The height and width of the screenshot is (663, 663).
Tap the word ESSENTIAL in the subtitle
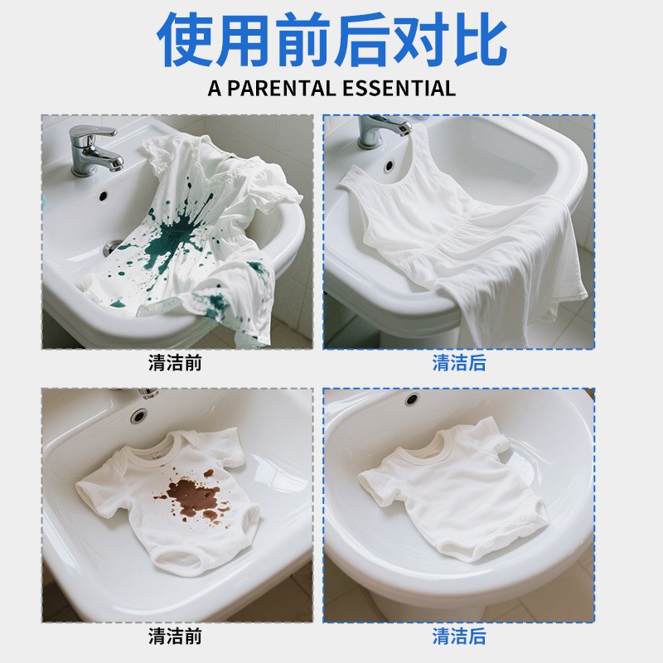(399, 89)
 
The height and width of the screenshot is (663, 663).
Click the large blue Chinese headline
(332, 39)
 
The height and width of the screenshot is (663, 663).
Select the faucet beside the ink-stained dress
(94, 149)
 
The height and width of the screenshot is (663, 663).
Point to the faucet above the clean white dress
(383, 130)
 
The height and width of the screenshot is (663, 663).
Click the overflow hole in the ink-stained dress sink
(103, 196)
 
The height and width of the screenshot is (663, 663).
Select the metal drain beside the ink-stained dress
(112, 247)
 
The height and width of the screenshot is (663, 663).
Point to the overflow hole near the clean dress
(389, 165)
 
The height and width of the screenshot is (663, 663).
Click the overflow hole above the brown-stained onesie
(138, 416)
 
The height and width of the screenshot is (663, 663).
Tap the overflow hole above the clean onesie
(412, 399)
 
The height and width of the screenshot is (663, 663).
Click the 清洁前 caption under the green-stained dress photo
(175, 363)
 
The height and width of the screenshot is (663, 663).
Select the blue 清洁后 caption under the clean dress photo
(459, 363)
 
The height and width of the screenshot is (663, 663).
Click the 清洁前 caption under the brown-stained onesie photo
(175, 636)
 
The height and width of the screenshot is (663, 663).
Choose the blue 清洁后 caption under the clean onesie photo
(459, 636)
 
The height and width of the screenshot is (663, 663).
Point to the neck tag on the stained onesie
(157, 457)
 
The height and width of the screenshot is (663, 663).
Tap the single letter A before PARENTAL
(215, 89)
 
